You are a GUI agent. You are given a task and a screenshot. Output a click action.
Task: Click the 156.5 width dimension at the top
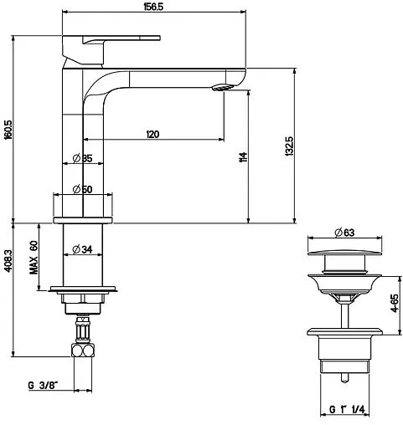(x=153, y=7)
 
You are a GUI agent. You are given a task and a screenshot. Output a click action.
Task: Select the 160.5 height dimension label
(x=8, y=130)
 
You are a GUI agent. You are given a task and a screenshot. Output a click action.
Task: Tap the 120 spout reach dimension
(x=152, y=134)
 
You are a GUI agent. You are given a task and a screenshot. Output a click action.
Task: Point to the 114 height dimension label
(x=243, y=157)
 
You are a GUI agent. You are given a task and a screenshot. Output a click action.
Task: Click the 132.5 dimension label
(x=289, y=146)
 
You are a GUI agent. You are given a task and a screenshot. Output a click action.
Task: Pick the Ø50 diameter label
(x=82, y=189)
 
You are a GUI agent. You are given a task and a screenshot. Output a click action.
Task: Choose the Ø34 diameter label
(x=82, y=249)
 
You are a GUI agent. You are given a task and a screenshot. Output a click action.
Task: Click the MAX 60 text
(x=34, y=258)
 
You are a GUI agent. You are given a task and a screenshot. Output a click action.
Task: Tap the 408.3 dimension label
(x=8, y=261)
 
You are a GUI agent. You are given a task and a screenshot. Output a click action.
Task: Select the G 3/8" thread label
(x=43, y=386)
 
